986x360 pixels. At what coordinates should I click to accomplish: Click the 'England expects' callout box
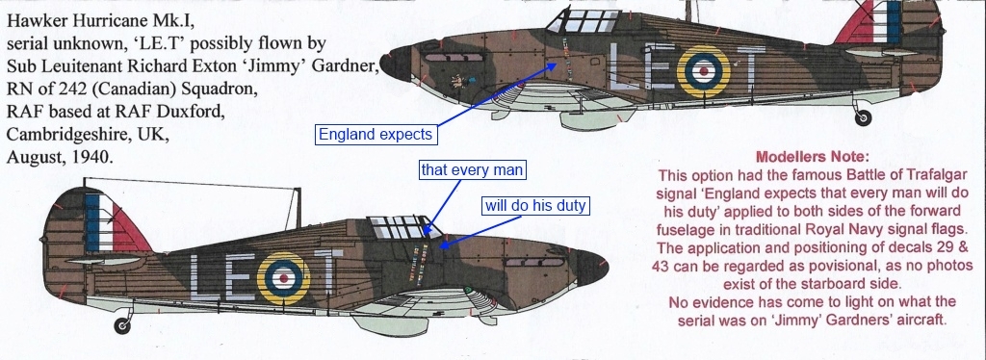point(376,135)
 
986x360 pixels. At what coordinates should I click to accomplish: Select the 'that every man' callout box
point(472,169)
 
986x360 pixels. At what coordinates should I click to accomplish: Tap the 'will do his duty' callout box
point(535,205)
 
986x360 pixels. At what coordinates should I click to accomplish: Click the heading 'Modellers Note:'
point(813,157)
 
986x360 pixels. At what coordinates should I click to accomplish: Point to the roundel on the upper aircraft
point(703,72)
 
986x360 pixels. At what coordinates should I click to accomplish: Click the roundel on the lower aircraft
point(284,278)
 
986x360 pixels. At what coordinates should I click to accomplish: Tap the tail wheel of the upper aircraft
point(864,116)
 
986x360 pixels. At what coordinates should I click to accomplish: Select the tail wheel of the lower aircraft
point(122,324)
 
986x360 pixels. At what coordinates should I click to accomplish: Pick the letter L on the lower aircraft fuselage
point(202,277)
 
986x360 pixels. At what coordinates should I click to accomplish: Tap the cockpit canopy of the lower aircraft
point(403,226)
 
